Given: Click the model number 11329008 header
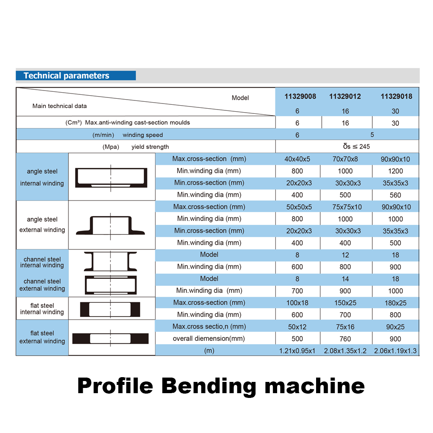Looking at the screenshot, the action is point(300,97).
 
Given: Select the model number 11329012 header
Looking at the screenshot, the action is point(345,97).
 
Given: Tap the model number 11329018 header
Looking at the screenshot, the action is point(396,97).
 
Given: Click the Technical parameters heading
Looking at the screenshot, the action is point(66,75).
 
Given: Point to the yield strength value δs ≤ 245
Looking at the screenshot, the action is point(356,147).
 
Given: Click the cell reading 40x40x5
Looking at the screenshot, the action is point(297,159).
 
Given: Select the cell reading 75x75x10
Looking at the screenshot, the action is point(347,207).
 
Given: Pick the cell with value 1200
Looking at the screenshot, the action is point(395,171).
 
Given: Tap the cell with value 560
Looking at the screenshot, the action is point(395,195).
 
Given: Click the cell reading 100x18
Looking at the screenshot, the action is point(297,303).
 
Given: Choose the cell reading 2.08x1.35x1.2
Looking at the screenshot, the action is point(345,351).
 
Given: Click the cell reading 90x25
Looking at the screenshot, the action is point(395,327).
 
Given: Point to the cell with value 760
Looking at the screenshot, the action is point(345,339).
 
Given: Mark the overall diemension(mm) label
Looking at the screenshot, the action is point(209,339).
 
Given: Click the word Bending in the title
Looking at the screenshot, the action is point(209,386).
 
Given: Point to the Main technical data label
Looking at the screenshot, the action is point(59,106).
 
